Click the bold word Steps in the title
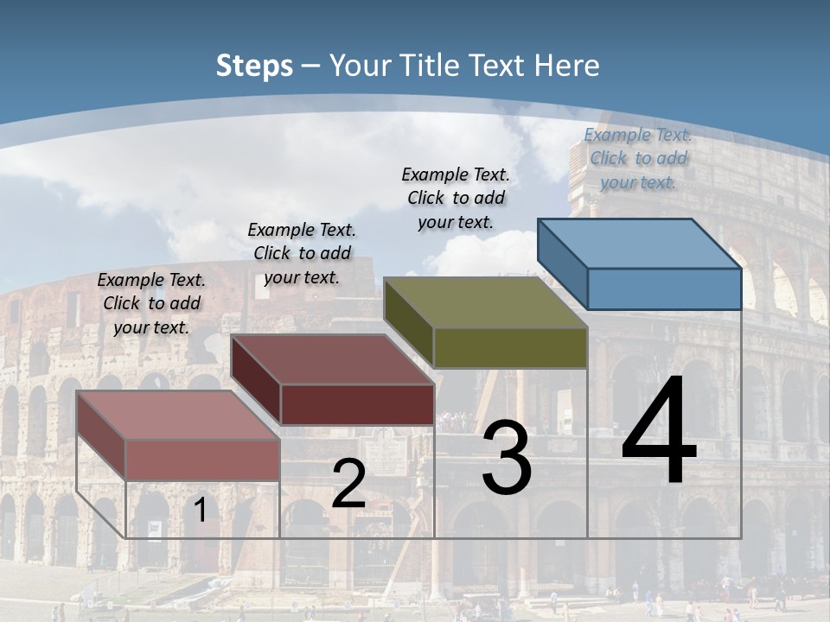coord(254,66)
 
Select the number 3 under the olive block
coord(507,458)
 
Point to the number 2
coord(348,484)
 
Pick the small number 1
coord(200,510)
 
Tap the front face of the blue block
coord(664,289)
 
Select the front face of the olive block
coord(510,347)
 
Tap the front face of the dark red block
coord(357,404)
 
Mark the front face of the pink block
coord(202,460)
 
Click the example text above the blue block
coord(638,158)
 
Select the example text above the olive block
coord(456,198)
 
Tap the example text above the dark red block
coord(302,253)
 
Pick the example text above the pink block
coord(151,303)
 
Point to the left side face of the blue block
coord(562,263)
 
